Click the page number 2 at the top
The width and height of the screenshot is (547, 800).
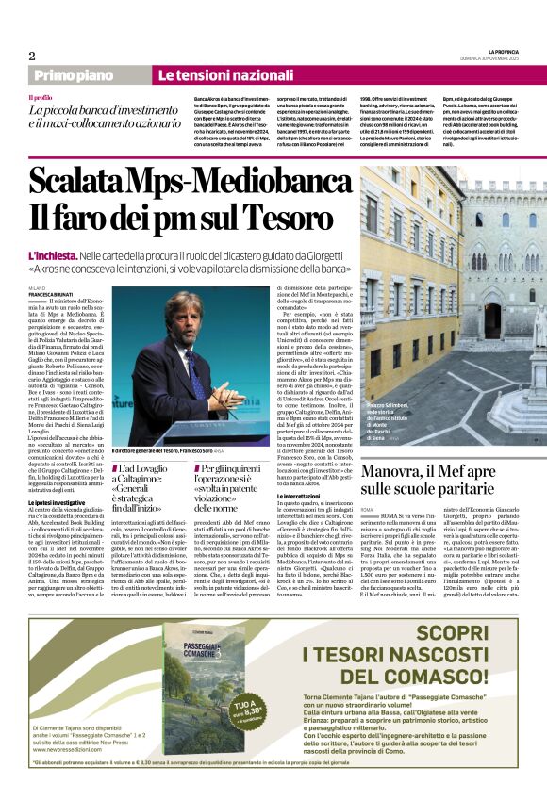[x=31, y=56]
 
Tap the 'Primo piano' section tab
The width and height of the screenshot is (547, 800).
[x=73, y=75]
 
